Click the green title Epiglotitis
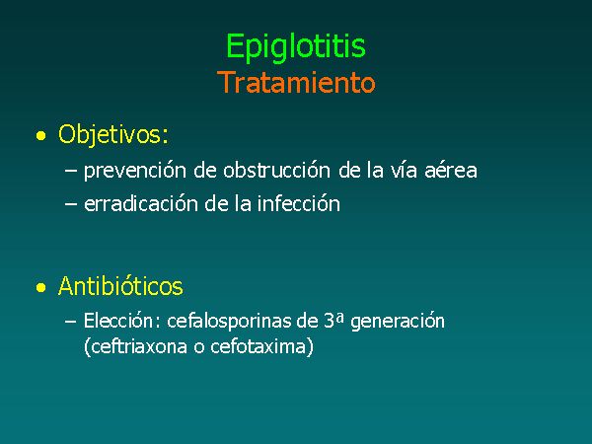(x=296, y=47)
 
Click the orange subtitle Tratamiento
(x=296, y=82)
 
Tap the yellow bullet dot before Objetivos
(x=40, y=135)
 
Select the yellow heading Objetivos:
(x=113, y=134)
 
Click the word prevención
(x=135, y=171)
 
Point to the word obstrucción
(x=276, y=170)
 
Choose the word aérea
(x=451, y=170)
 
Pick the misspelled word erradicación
(x=141, y=204)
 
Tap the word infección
(x=299, y=204)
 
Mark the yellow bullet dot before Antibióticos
(x=40, y=287)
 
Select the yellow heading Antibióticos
(x=120, y=286)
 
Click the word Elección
(x=118, y=321)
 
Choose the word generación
(x=398, y=322)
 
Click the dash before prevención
(x=71, y=171)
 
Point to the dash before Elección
(x=71, y=322)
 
